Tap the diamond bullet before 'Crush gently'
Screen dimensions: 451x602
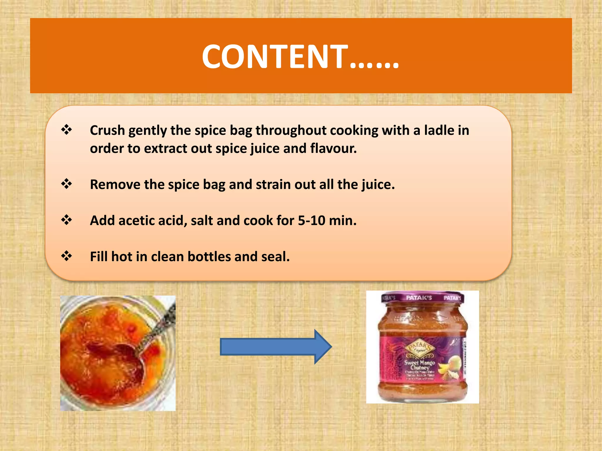[66, 129]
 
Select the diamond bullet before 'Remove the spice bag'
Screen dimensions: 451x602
[66, 184]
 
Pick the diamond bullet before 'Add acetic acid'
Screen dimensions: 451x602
[66, 220]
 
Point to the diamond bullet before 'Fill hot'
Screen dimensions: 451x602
[66, 256]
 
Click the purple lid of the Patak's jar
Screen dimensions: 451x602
[422, 297]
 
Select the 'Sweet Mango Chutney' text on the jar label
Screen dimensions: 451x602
[419, 365]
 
